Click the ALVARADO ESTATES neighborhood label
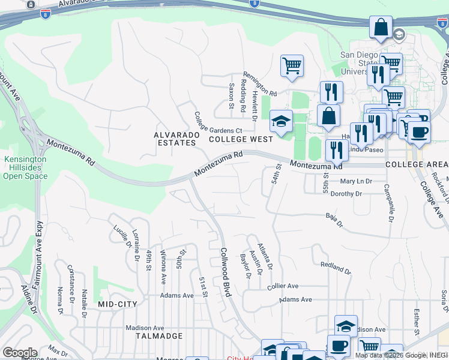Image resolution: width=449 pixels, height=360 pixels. (x=176, y=139)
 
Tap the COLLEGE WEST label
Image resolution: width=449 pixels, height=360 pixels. (x=241, y=139)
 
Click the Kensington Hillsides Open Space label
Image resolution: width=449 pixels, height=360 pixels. (x=25, y=169)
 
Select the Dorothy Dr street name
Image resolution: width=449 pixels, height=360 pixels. (x=346, y=194)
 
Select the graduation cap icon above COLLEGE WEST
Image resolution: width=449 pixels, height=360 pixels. (x=280, y=121)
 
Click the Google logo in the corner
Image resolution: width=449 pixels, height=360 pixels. (x=20, y=353)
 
